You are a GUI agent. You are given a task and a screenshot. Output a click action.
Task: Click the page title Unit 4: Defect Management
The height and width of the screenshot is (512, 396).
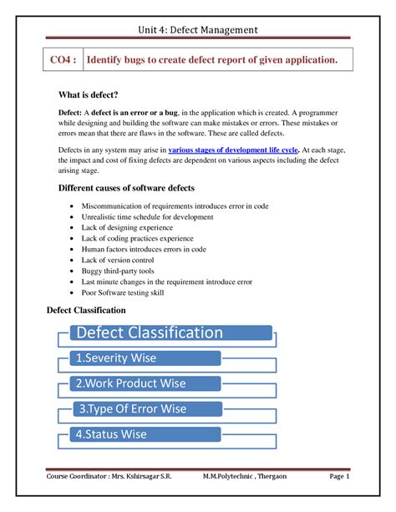click(x=198, y=31)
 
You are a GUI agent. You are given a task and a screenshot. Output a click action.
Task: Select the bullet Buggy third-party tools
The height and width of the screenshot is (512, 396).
click(x=119, y=271)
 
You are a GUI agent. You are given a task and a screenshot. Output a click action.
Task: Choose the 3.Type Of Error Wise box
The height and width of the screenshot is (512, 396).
click(x=144, y=409)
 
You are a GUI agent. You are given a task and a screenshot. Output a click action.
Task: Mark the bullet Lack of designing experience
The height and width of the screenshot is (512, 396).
click(x=126, y=227)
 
